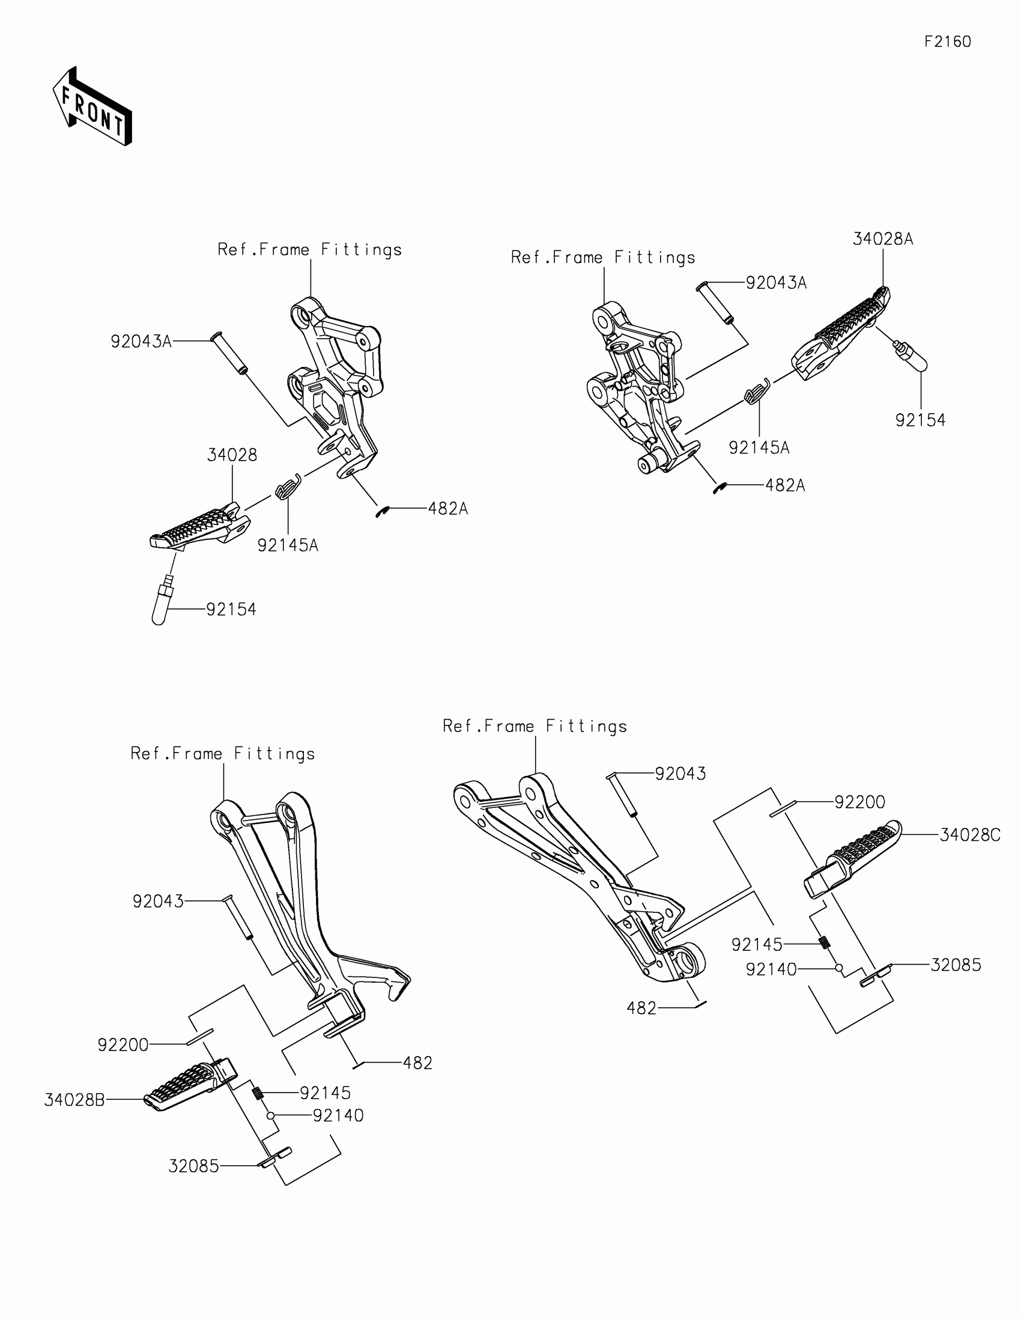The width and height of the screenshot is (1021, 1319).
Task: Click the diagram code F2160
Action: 947,41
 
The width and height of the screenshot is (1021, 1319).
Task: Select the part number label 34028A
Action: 882,239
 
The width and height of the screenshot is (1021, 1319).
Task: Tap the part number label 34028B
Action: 74,1100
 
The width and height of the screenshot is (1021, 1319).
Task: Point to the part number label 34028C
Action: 970,835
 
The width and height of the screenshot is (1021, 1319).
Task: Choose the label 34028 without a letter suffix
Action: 232,455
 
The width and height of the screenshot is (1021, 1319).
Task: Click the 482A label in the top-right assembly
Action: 785,485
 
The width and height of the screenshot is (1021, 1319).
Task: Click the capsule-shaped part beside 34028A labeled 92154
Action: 910,356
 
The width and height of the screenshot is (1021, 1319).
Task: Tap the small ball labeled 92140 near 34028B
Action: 271,1115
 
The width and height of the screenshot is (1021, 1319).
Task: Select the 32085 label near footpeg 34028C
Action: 956,965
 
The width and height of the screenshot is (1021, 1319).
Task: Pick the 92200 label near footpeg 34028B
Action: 123,1045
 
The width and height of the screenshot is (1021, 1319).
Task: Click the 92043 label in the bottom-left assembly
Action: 157,902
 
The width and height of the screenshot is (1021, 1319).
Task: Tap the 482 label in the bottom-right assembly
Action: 641,1008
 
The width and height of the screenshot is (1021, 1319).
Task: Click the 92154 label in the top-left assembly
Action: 231,610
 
